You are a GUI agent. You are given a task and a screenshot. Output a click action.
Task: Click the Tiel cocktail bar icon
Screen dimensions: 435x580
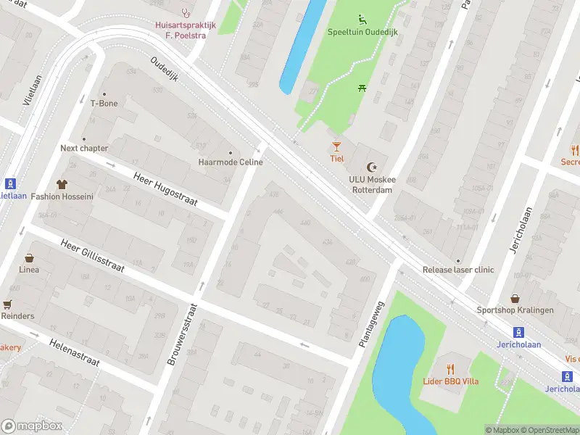[x=336, y=147]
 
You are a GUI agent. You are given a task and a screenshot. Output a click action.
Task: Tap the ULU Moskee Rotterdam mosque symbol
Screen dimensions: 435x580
[x=373, y=167]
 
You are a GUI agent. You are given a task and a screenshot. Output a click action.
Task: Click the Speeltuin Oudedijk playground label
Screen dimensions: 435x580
[x=362, y=33]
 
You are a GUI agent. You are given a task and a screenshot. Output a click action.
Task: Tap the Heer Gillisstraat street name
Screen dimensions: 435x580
[x=93, y=256]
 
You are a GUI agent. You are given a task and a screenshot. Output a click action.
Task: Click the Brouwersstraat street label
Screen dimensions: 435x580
[x=182, y=333]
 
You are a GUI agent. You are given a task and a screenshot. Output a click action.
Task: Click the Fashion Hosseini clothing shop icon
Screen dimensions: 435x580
[x=61, y=184]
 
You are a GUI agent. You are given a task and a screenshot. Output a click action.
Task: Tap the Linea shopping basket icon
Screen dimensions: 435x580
[x=30, y=258]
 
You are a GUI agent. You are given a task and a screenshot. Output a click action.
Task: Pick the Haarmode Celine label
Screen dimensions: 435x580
[x=231, y=162]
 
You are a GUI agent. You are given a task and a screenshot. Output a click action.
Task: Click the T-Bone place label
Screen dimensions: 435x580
[x=104, y=103]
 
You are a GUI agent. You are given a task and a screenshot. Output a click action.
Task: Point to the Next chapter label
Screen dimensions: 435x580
[x=84, y=148]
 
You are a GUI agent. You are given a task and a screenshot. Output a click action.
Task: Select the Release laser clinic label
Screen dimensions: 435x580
[x=458, y=270]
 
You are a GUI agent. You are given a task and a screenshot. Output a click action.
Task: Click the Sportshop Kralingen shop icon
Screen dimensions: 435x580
[x=515, y=298]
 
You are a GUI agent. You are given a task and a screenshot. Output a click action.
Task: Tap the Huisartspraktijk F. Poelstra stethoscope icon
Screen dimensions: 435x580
[x=186, y=12]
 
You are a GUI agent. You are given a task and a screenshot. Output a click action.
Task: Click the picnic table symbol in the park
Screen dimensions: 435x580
[x=360, y=88]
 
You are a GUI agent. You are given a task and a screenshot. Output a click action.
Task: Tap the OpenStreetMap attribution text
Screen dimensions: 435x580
[x=549, y=430]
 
